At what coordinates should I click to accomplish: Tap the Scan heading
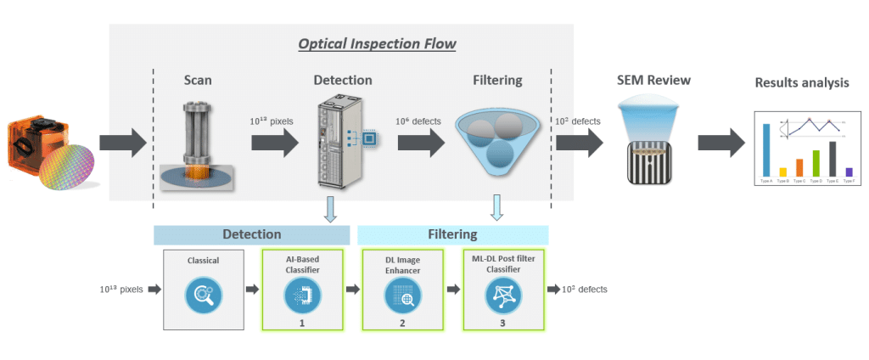coord(198,81)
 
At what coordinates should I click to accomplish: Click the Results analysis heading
coord(801,83)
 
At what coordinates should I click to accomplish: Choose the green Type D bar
coord(816,163)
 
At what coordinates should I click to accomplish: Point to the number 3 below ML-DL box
coord(502,323)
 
